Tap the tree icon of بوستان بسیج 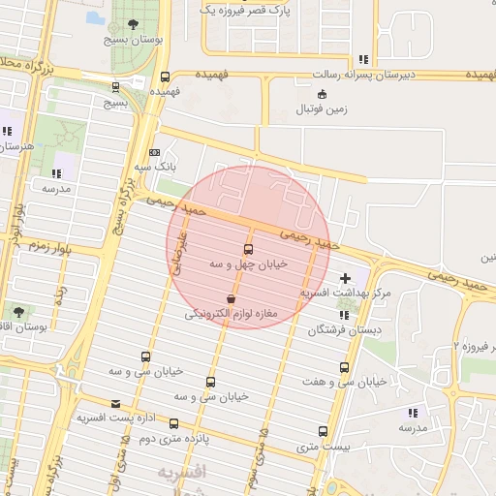click(x=133, y=24)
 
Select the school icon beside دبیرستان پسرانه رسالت click(x=362, y=59)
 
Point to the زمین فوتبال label click(x=323, y=110)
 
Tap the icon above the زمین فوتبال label click(x=323, y=94)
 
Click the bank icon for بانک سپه click(x=155, y=152)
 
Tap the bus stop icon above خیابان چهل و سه click(x=249, y=249)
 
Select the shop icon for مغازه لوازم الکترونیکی click(x=231, y=298)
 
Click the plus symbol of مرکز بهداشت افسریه click(x=345, y=278)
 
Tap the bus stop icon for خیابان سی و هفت click(x=344, y=367)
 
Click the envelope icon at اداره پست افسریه click(x=116, y=403)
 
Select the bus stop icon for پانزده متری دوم click(x=174, y=423)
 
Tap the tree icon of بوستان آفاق click(x=18, y=311)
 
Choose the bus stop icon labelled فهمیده click(x=165, y=77)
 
